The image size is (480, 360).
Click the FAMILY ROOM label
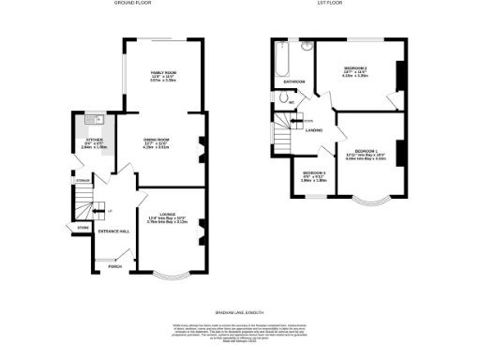click(x=164, y=72)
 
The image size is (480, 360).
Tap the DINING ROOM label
click(x=156, y=142)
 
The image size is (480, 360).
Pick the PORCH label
click(x=115, y=266)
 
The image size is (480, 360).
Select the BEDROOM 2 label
click(x=355, y=69)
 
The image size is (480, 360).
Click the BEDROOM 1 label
click(x=367, y=150)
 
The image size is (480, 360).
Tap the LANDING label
click(x=314, y=130)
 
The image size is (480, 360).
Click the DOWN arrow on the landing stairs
click(x=302, y=121)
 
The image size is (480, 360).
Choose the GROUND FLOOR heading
click(x=134, y=4)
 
